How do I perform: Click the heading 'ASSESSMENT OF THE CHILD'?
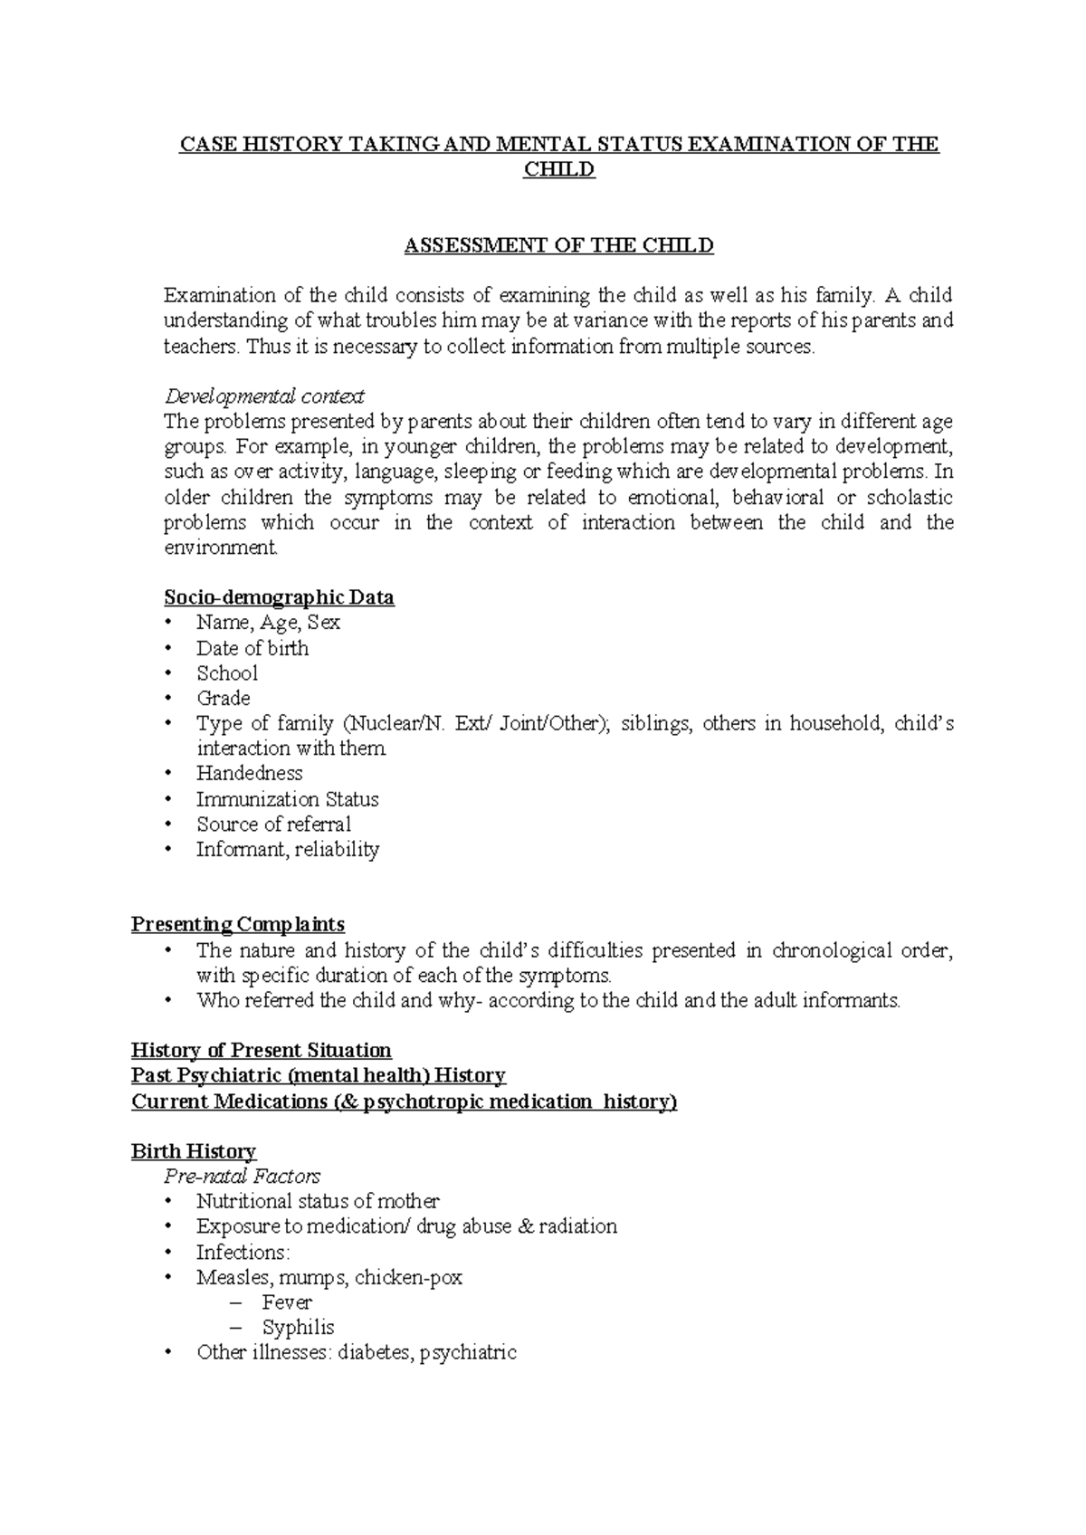tap(558, 245)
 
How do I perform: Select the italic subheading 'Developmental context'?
tap(263, 396)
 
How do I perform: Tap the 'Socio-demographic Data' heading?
tap(279, 597)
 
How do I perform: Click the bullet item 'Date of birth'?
tap(252, 648)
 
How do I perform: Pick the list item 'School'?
tap(227, 673)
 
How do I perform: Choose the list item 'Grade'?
tap(224, 698)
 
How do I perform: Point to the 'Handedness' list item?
tap(250, 773)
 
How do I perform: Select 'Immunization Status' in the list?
tap(288, 799)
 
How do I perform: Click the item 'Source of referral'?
tap(273, 825)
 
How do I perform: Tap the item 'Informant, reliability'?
tap(288, 849)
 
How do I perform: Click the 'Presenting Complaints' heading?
tap(238, 924)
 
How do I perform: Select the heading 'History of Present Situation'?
tap(262, 1050)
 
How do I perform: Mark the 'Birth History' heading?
tap(194, 1151)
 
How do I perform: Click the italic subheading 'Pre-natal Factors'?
tap(242, 1177)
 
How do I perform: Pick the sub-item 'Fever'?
tap(287, 1302)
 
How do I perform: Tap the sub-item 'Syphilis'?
tap(298, 1328)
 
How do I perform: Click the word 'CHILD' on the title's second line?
tap(559, 169)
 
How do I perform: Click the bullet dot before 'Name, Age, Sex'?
tap(167, 623)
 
